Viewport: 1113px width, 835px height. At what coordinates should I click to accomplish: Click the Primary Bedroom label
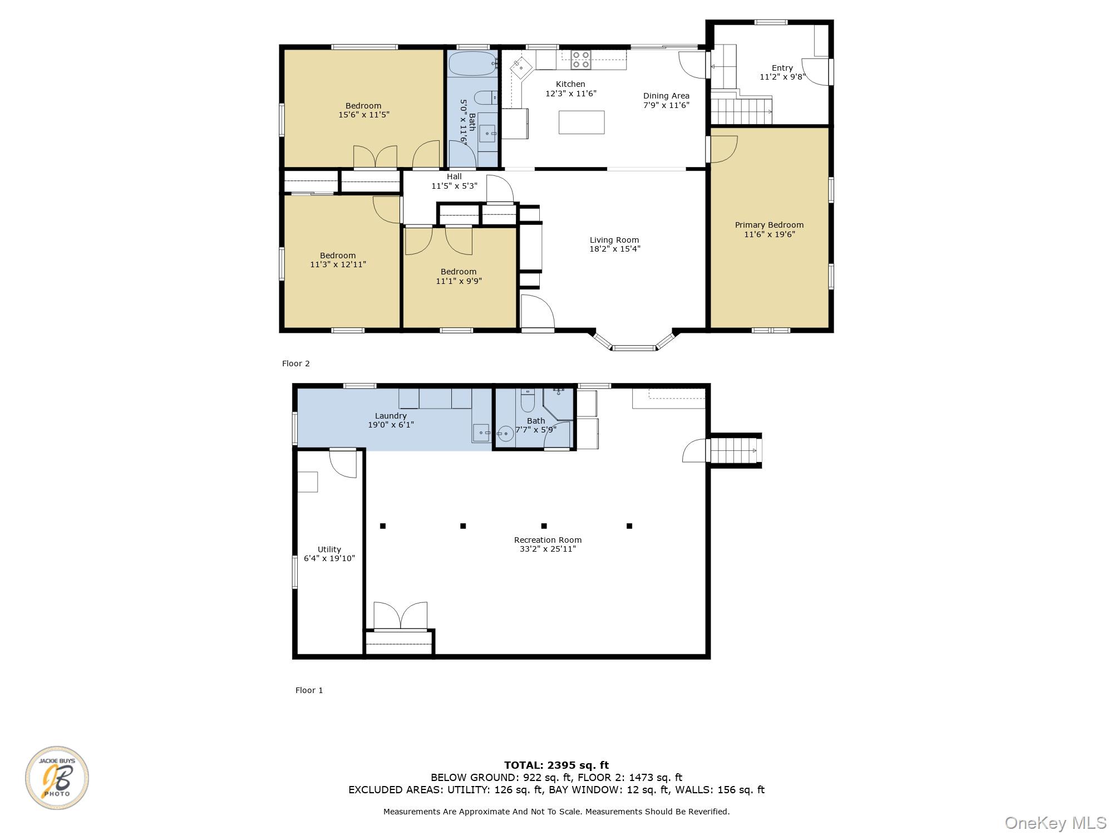769,225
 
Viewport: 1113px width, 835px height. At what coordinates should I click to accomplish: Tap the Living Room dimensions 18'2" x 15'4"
615,249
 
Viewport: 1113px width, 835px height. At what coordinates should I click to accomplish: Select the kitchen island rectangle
582,122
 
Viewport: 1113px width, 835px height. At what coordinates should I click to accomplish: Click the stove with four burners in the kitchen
580,60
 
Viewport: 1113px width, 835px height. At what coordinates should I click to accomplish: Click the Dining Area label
666,96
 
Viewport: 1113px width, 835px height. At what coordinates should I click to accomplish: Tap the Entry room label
782,68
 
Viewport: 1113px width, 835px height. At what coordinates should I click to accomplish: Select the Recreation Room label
548,540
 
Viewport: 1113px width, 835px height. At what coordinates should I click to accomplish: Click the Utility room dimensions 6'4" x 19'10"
329,558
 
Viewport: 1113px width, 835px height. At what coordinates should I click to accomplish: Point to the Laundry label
391,416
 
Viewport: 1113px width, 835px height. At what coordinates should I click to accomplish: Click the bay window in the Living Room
634,341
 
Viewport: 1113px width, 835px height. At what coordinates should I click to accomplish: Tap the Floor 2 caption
296,364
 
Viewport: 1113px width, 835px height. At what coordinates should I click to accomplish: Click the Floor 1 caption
309,690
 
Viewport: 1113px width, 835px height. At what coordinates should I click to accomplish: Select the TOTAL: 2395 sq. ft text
556,765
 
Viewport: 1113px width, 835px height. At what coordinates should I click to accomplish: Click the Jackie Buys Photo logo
57,778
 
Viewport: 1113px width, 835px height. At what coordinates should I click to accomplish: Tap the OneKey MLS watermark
1056,823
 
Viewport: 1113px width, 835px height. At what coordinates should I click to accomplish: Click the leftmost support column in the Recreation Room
383,525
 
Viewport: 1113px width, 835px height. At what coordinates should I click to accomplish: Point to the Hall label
454,176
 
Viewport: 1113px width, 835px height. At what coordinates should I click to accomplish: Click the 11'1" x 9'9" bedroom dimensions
459,281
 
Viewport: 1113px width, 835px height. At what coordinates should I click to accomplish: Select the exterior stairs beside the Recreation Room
735,450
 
